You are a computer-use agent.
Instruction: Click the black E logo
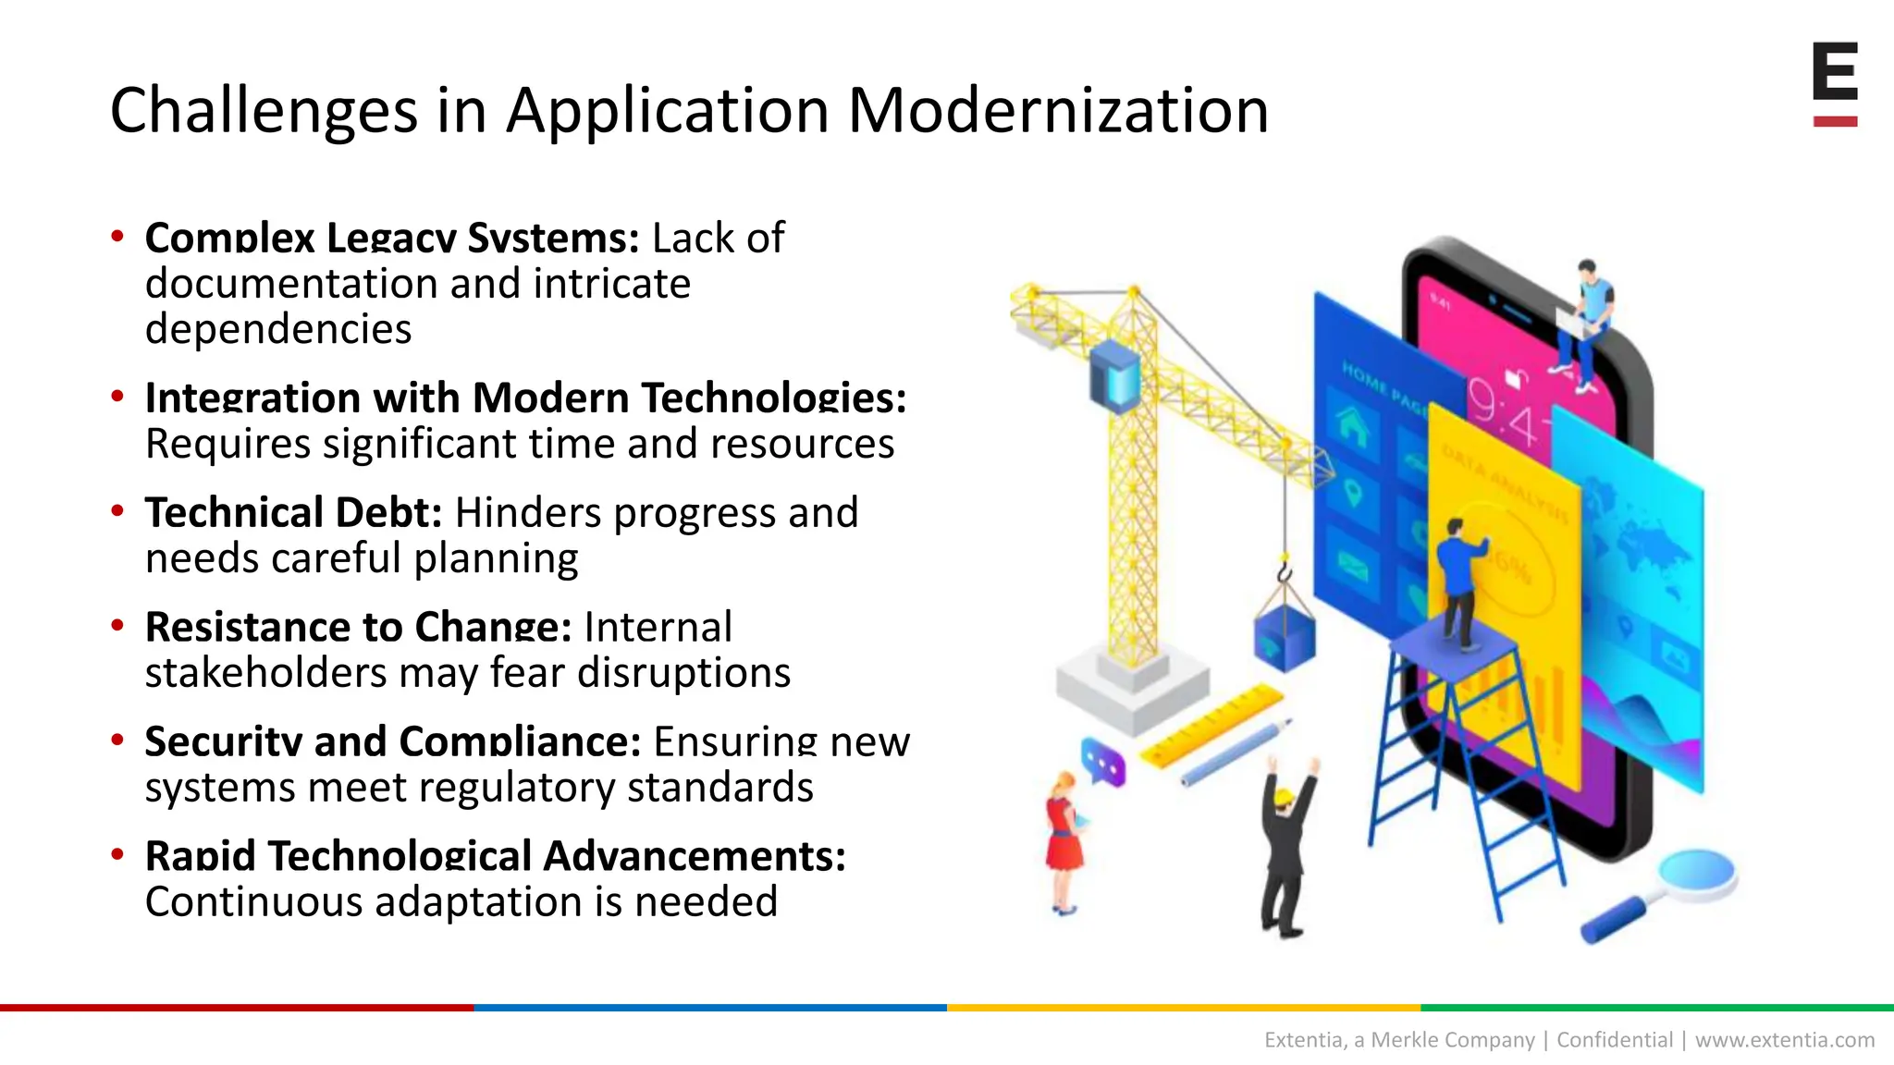[1835, 71]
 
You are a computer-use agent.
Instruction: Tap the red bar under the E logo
[1835, 121]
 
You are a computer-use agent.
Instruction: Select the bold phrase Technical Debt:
[293, 513]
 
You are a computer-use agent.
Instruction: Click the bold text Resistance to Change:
[358, 628]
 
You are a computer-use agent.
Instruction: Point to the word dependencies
[278, 329]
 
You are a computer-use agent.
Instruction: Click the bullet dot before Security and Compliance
[117, 740]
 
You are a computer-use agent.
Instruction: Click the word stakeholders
[266, 673]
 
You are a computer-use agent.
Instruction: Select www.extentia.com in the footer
[1784, 1040]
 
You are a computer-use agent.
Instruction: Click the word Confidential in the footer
[1615, 1040]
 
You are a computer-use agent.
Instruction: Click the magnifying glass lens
[1697, 874]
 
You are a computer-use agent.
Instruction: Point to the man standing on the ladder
[1459, 578]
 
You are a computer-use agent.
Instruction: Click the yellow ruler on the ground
[1211, 726]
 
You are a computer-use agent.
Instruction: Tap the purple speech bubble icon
[1103, 763]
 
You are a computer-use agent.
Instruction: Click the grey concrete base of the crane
[1133, 689]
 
